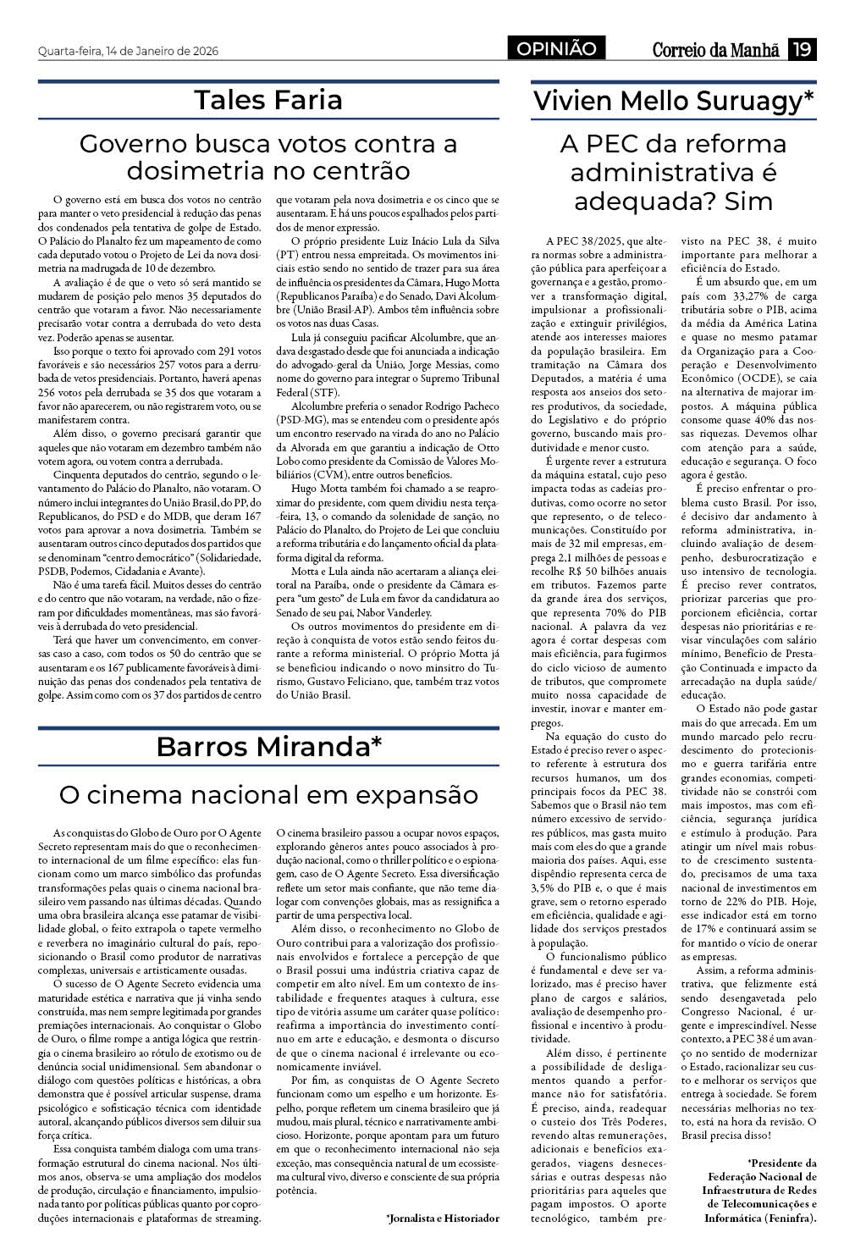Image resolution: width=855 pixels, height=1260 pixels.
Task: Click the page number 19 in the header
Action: pos(802,50)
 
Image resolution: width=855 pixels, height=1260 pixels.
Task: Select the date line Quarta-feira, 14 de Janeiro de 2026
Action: pos(128,51)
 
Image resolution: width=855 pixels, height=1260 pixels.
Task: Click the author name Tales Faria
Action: pos(268,100)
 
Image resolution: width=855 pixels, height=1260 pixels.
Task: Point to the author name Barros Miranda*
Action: pos(268,747)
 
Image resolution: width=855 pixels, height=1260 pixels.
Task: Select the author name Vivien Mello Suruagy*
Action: pos(673,101)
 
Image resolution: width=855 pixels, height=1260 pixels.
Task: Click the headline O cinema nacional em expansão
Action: pos(268,795)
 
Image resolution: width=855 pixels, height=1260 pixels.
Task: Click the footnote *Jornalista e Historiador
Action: pos(443,1218)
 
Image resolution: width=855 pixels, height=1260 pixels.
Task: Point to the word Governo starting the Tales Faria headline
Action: pos(134,143)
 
